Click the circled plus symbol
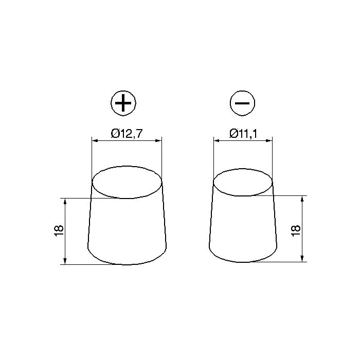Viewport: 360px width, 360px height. pyautogui.click(x=123, y=103)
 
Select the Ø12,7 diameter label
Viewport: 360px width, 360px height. pyautogui.click(x=127, y=133)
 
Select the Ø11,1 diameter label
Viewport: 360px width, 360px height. pyautogui.click(x=243, y=133)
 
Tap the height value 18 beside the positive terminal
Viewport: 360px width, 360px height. pyautogui.click(x=58, y=231)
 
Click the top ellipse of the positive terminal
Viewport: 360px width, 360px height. pyautogui.click(x=127, y=182)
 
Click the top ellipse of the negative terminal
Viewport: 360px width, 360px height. pyautogui.click(x=243, y=181)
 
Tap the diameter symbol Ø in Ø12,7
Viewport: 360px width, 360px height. pyautogui.click(x=115, y=133)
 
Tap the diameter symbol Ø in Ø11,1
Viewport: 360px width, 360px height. pyautogui.click(x=232, y=133)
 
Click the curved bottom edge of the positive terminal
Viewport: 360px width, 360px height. pyautogui.click(x=127, y=264)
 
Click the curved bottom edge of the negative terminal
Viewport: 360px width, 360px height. pyautogui.click(x=243, y=261)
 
